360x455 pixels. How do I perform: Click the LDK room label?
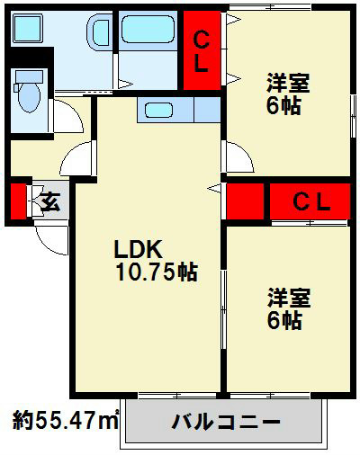139,249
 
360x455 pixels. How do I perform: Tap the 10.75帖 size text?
157,272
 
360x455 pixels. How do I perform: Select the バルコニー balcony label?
226,422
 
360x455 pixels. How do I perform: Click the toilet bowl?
29,96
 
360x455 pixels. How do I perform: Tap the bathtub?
148,29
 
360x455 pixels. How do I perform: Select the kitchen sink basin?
158,110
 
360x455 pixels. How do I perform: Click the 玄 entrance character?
50,201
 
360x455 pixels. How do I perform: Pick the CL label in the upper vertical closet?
202,52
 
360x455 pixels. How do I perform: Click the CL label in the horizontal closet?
311,201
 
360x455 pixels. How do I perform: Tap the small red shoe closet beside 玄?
19,201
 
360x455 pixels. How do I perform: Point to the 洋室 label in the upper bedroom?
288,83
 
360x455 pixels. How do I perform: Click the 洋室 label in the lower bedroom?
289,298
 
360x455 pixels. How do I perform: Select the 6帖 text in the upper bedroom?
283,105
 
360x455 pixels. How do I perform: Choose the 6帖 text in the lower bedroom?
284,320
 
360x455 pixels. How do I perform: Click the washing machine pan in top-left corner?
27,28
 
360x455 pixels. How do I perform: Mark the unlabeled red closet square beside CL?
245,201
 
